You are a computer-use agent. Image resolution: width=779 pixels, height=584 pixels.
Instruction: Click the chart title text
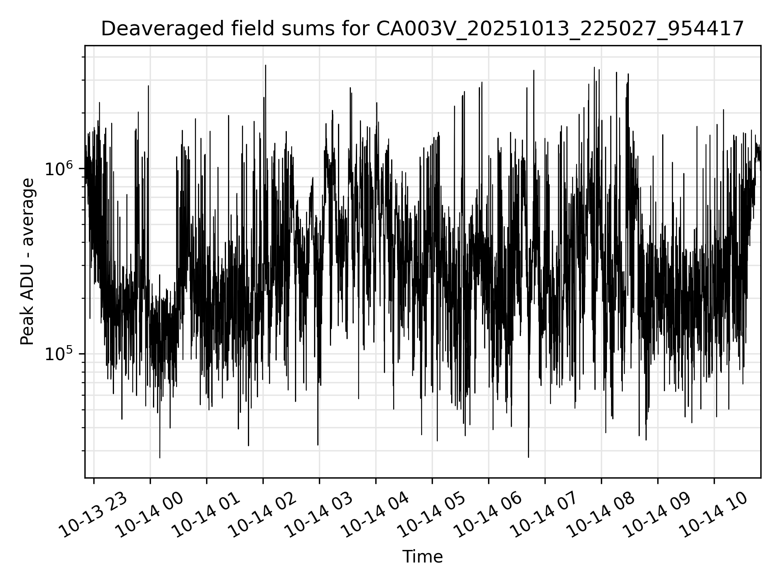click(x=422, y=29)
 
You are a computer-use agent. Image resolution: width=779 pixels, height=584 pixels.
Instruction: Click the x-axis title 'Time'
click(x=422, y=557)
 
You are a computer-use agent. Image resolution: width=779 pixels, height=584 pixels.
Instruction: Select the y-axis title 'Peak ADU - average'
click(x=28, y=262)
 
